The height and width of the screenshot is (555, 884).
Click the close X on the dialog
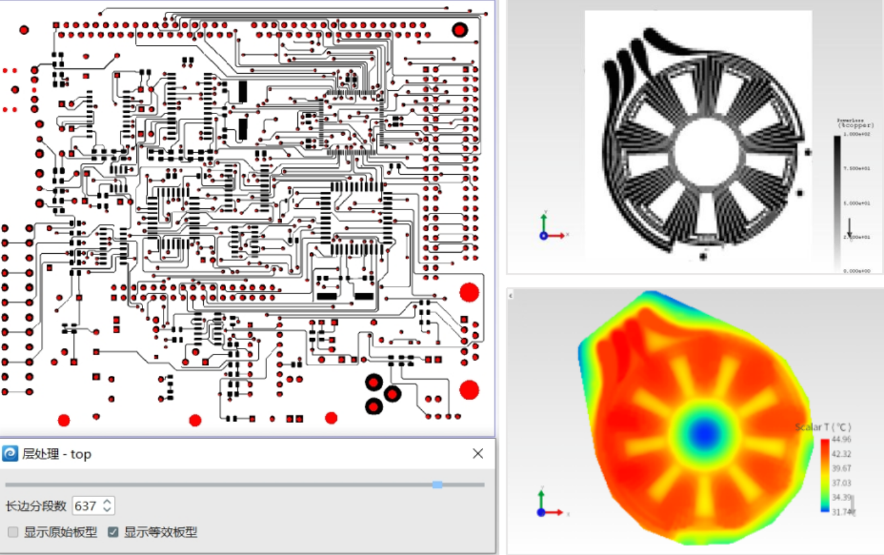478,453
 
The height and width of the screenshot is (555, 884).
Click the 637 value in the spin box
86,506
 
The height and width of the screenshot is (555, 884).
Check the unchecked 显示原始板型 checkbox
13,532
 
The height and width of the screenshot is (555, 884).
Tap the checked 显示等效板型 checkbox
113,532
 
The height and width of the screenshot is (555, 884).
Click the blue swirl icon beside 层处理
11,453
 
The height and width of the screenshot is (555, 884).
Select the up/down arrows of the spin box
108,506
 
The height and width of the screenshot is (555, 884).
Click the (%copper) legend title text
856,125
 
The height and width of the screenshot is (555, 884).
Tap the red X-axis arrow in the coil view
559,235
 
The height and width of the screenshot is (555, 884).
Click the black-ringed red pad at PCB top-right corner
459,30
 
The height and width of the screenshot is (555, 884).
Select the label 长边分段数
36,506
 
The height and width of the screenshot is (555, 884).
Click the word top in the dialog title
81,454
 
